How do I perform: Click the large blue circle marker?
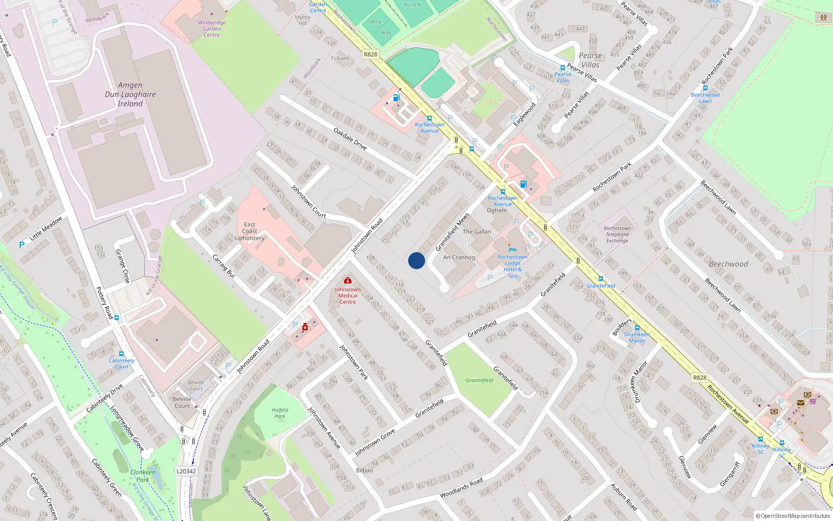coord(416,260)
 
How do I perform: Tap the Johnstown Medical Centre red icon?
coord(348,281)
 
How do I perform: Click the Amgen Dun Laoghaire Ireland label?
coord(130,94)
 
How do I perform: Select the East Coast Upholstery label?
coord(249,231)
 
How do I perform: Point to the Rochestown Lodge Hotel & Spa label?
coord(512,266)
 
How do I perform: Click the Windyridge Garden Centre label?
coord(211,29)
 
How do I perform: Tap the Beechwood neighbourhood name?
coord(728,264)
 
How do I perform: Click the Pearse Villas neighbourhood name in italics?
coord(590,60)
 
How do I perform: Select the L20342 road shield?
coord(186,471)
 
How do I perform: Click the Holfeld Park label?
coord(280,413)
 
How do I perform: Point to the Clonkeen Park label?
coord(143,476)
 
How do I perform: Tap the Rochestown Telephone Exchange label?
coord(617,234)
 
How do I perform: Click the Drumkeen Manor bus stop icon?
coord(637,328)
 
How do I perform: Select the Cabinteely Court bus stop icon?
coord(121,354)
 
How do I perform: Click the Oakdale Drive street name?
coord(350,139)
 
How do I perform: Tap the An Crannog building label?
coord(459,257)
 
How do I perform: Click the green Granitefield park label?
coord(479,380)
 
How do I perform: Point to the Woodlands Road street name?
coord(461,488)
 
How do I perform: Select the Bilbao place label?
coord(364,470)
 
